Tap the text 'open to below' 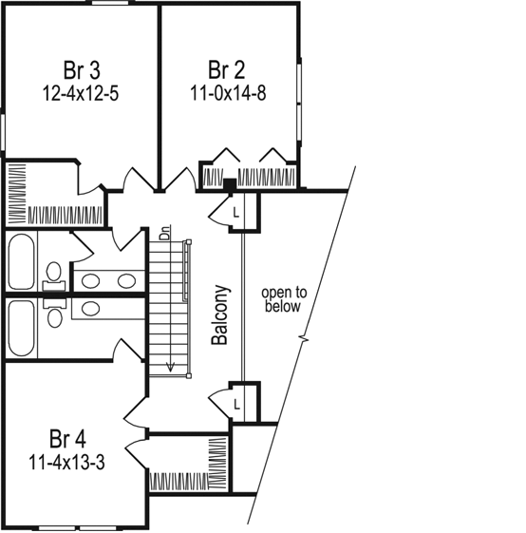pyautogui.click(x=281, y=299)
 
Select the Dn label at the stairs pyautogui.click(x=164, y=233)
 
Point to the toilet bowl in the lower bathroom pyautogui.click(x=54, y=316)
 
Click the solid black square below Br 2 pyautogui.click(x=229, y=182)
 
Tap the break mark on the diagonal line pyautogui.click(x=305, y=338)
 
